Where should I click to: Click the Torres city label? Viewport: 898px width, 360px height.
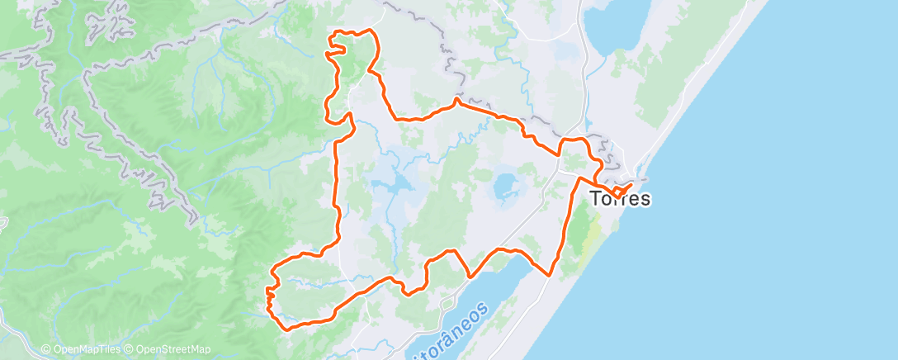[620, 199]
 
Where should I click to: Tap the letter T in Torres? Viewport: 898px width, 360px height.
[596, 199]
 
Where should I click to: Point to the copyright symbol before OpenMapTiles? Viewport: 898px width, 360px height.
[45, 349]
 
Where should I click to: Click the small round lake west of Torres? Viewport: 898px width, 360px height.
[503, 186]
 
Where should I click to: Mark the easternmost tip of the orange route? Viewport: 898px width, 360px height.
[631, 183]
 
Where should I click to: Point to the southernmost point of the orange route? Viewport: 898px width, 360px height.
[288, 329]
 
